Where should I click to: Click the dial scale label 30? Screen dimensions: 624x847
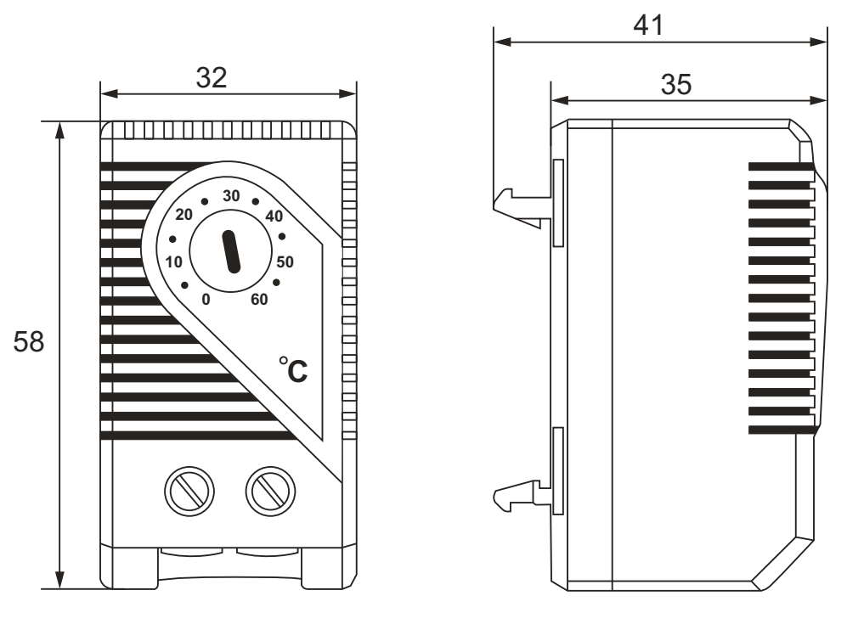pyautogui.click(x=231, y=195)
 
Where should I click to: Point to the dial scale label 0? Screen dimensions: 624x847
pyautogui.click(x=205, y=298)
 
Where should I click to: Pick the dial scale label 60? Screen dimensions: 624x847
pyautogui.click(x=260, y=298)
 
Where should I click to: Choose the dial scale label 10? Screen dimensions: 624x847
pyautogui.click(x=173, y=261)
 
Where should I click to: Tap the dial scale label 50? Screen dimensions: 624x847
pyautogui.click(x=285, y=261)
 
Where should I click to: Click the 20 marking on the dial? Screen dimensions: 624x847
pyautogui.click(x=184, y=216)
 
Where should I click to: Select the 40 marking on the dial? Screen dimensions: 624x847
pyautogui.click(x=274, y=216)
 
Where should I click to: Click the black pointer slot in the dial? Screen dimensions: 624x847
pyautogui.click(x=230, y=251)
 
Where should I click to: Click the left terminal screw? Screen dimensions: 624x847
pyautogui.click(x=184, y=490)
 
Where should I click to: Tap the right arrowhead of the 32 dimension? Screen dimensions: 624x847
pyautogui.click(x=350, y=93)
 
